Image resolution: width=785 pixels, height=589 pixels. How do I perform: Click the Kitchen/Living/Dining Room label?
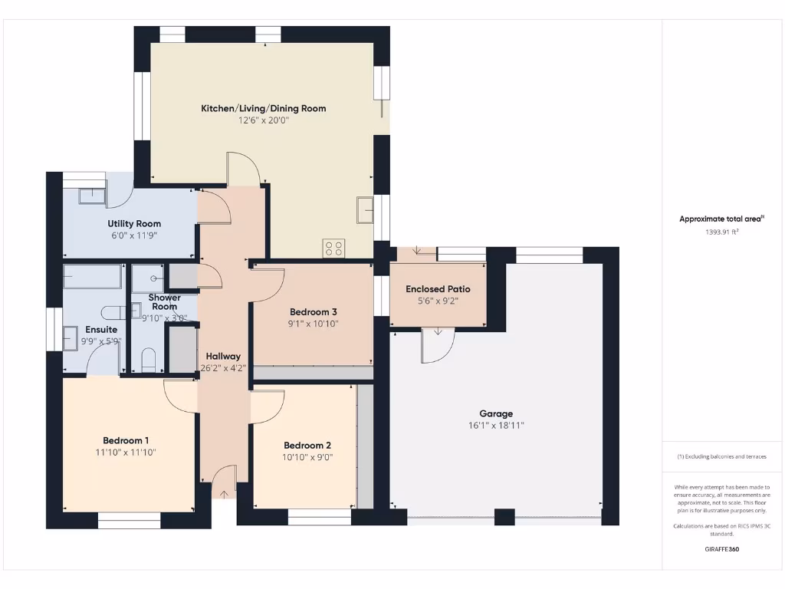coord(263,108)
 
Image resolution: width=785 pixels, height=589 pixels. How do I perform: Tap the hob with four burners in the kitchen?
coord(334,248)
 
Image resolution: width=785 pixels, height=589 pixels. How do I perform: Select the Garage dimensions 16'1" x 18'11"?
coord(496,426)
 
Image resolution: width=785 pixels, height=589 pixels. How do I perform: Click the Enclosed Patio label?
coord(438,289)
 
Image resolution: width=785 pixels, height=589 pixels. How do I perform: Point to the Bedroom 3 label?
coord(313,312)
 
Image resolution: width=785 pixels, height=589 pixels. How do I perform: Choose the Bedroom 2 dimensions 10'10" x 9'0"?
coord(307,457)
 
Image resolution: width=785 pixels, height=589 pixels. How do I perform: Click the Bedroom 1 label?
coord(126,440)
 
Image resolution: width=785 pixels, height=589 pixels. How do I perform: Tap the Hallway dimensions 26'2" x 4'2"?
coord(223,367)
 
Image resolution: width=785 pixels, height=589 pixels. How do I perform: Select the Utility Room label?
coord(134,224)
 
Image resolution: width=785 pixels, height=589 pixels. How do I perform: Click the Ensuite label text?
coord(101,330)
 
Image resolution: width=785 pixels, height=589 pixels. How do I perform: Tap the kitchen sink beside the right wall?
coord(365,208)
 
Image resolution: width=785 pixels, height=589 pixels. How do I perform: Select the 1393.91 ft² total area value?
coord(721,231)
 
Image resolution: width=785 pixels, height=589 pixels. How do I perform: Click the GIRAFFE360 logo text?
coord(721,549)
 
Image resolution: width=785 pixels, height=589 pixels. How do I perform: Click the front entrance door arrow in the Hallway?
coord(224,493)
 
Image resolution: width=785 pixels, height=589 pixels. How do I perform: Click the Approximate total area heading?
coord(721,219)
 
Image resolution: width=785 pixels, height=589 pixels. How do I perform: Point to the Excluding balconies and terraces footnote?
coord(721,456)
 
